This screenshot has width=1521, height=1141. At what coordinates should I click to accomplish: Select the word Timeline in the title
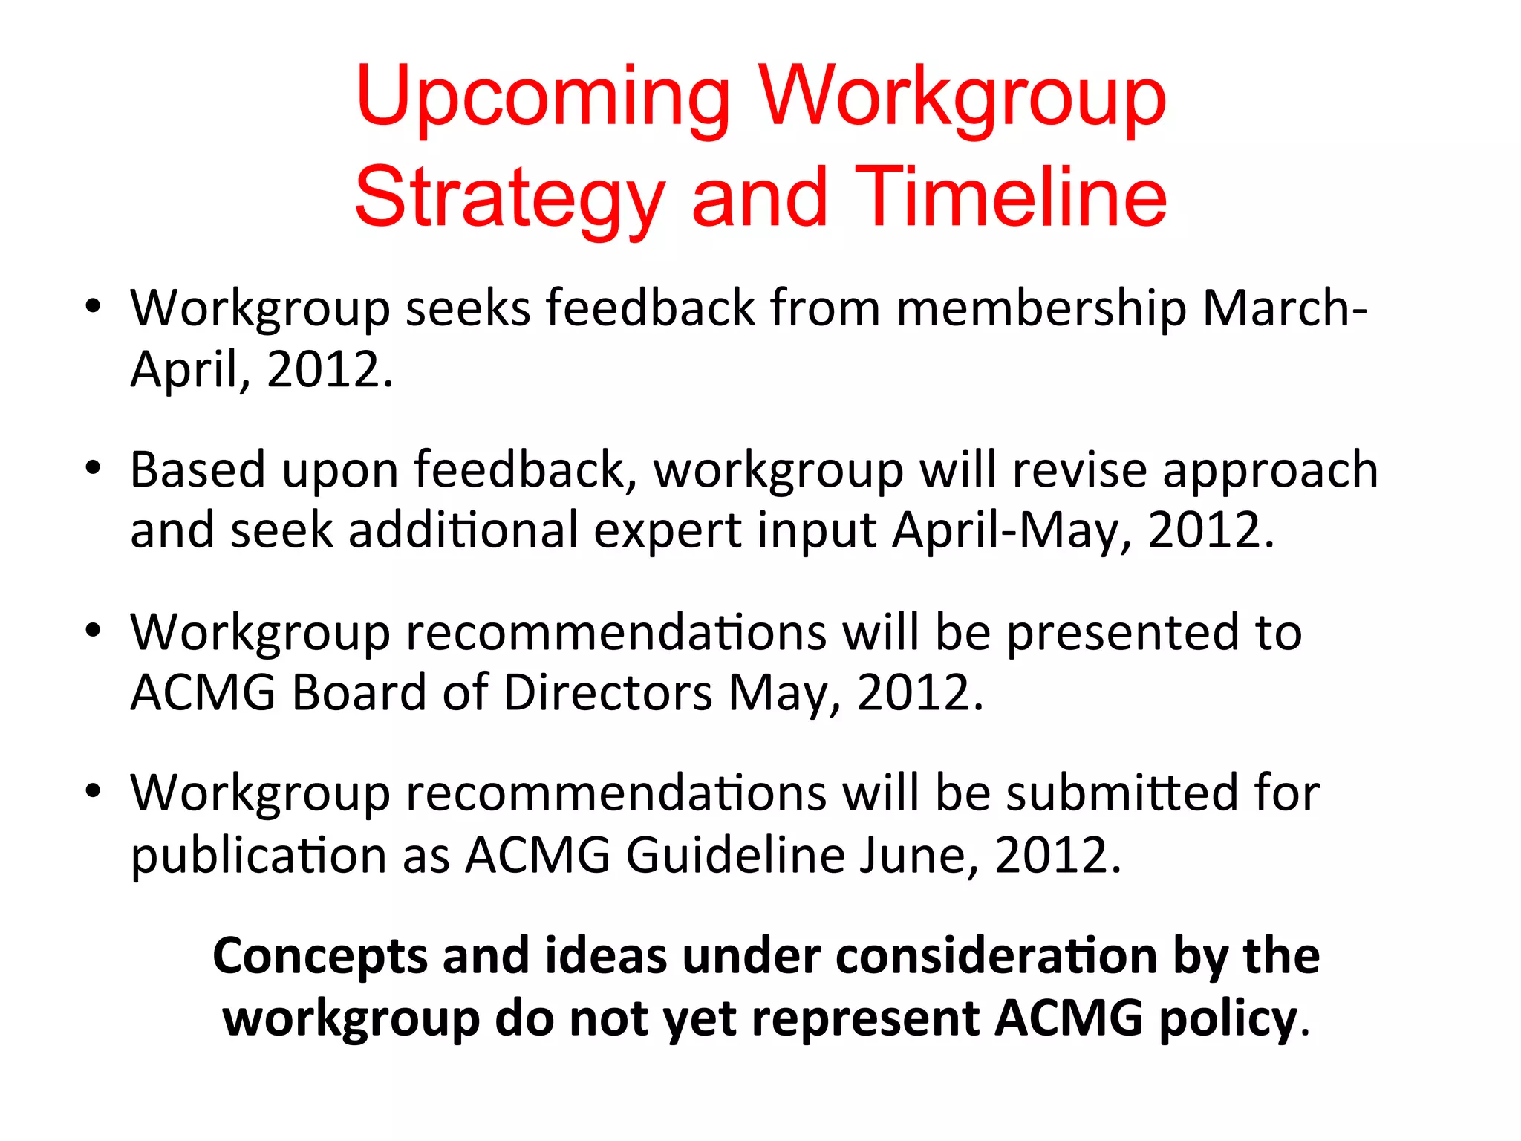(x=1011, y=197)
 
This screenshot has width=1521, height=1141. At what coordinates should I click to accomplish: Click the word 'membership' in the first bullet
(x=1041, y=308)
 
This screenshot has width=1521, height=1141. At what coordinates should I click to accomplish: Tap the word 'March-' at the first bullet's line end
(x=1285, y=308)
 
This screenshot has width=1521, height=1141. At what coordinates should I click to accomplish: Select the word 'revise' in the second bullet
(x=1080, y=469)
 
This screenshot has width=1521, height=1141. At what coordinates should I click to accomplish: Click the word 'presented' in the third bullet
(x=1123, y=632)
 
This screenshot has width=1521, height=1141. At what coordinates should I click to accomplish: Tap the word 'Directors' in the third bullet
(x=608, y=693)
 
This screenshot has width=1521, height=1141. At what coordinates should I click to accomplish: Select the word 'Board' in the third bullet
(x=359, y=693)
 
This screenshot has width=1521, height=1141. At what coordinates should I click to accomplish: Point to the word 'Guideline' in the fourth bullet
(x=735, y=855)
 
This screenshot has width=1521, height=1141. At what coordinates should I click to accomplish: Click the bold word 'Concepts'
(x=320, y=956)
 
